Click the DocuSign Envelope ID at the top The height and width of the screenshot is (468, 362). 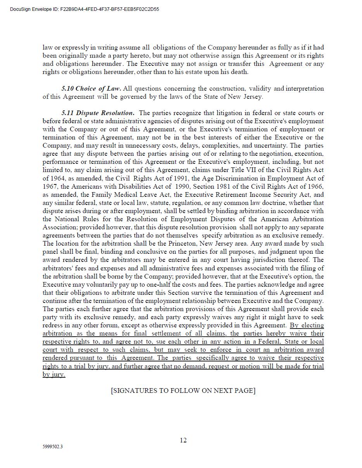84,9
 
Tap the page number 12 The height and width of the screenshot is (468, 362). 183,440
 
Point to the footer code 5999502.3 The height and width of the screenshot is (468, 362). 53,447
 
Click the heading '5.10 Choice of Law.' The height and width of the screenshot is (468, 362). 91,88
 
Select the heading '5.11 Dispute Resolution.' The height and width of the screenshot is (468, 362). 98,113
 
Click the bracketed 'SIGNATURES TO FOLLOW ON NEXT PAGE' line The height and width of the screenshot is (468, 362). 183,391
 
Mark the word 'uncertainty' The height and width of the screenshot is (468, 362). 269,146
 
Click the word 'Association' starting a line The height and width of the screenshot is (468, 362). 60,227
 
